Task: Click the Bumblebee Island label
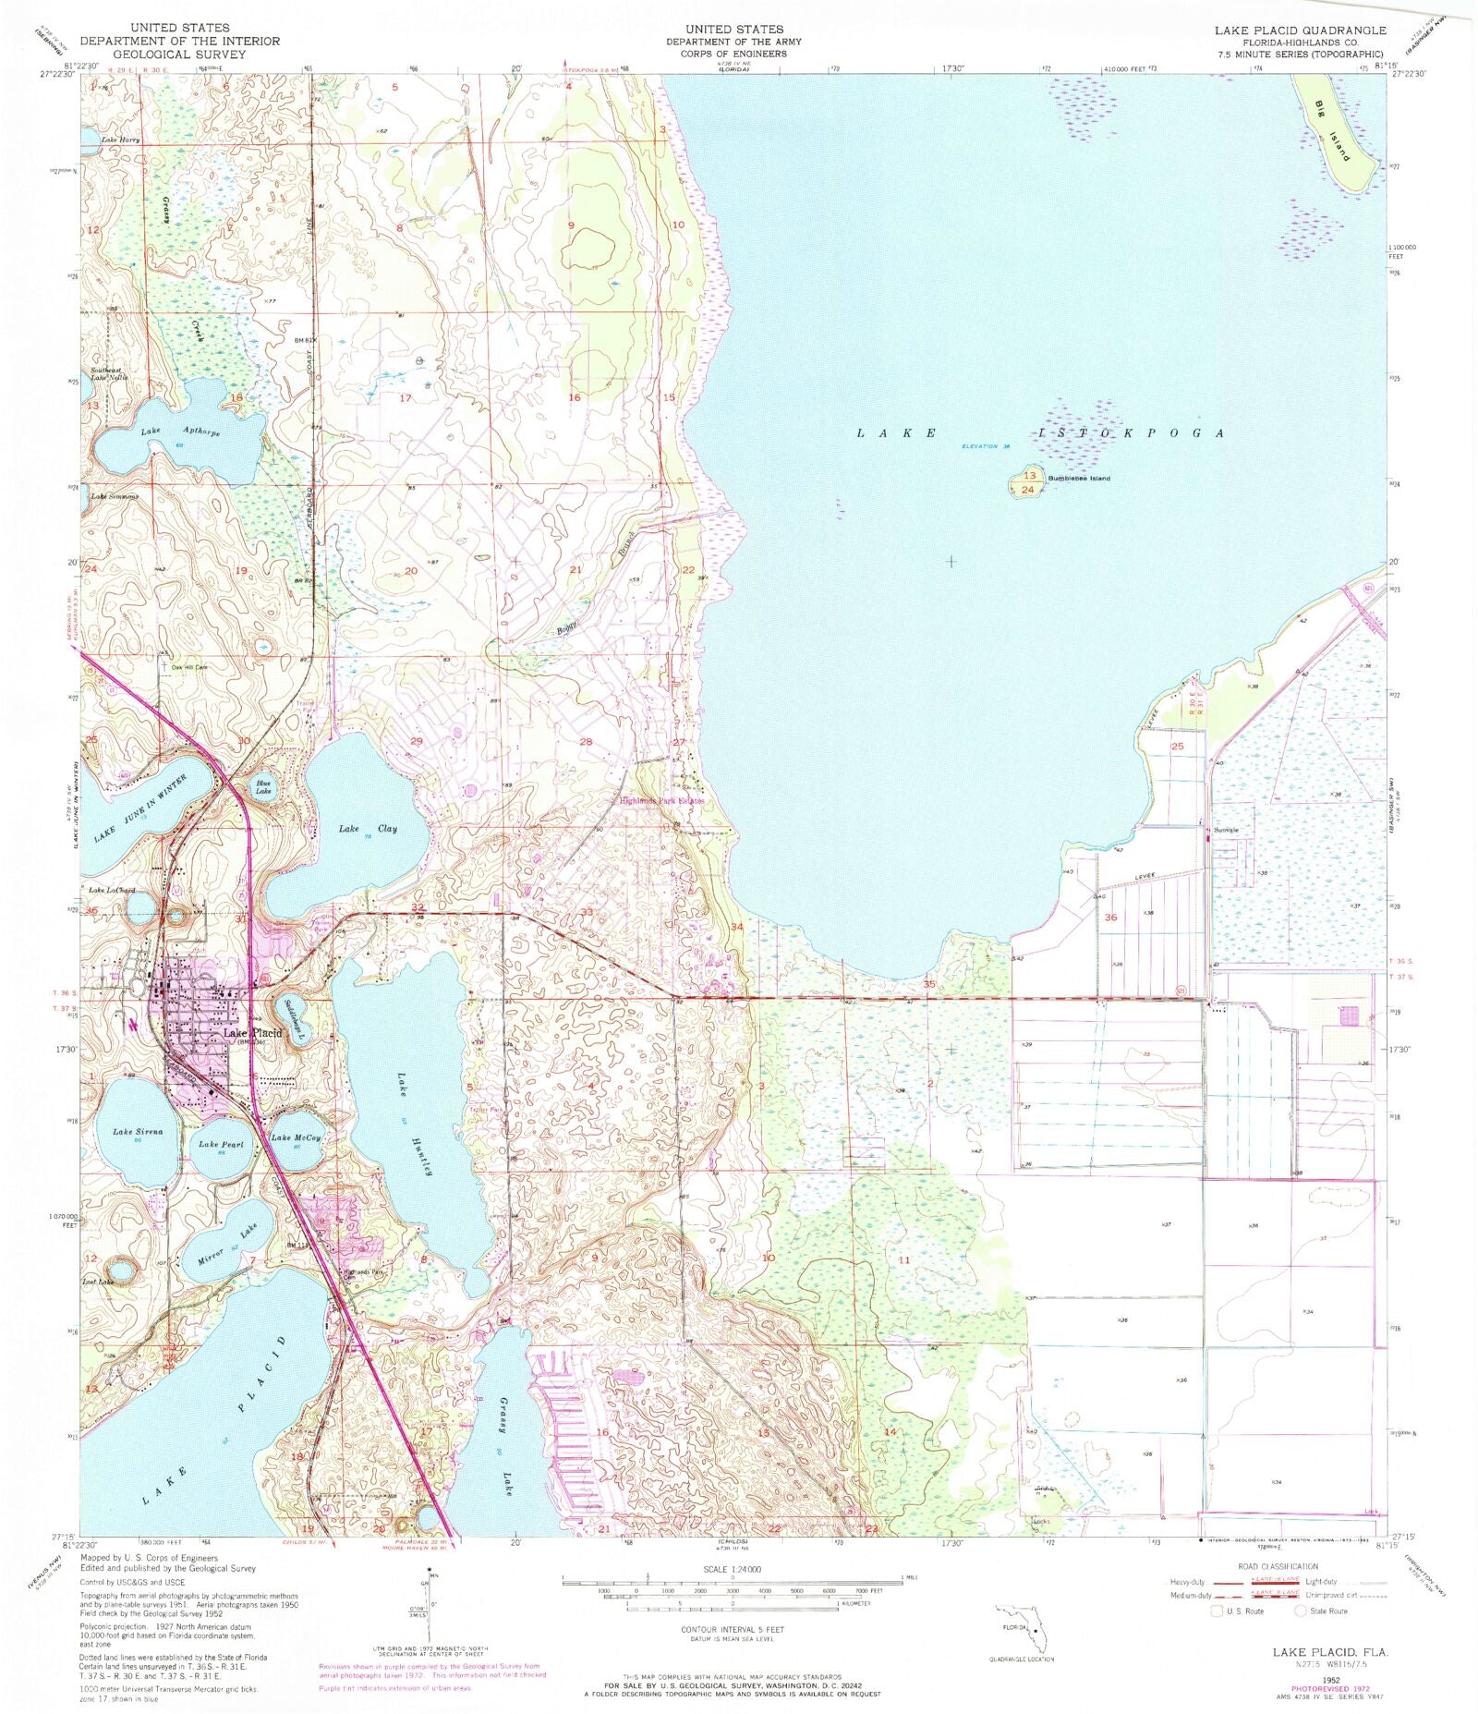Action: point(1078,479)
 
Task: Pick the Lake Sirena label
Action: point(138,1131)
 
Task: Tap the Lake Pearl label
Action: point(222,1144)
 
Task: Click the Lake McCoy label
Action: point(297,1137)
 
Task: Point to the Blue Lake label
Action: point(264,788)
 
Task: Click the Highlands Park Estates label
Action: point(661,801)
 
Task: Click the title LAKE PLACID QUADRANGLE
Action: point(1300,30)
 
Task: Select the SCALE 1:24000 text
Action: point(733,1570)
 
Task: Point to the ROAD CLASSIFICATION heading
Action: point(1279,1567)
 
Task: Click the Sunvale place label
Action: point(1227,830)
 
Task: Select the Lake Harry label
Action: point(121,140)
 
